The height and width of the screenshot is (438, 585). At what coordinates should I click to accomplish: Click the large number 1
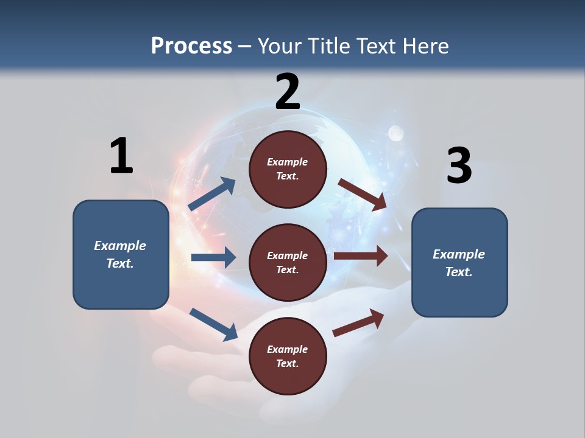point(121,156)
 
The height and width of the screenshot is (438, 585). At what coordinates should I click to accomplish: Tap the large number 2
point(288,92)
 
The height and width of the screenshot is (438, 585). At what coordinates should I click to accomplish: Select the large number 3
point(459,165)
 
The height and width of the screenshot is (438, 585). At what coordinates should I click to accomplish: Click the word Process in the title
point(191,46)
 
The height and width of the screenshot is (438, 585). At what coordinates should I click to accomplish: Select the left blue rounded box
point(121,254)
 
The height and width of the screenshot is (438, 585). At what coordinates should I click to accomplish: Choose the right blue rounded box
point(459,262)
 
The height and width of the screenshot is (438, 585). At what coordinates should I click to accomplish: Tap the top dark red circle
point(288,169)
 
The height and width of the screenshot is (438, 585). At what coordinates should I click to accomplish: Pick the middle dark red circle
point(288,262)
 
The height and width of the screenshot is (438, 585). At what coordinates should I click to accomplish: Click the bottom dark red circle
point(288,356)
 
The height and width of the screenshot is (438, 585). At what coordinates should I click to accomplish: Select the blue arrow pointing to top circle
point(212,194)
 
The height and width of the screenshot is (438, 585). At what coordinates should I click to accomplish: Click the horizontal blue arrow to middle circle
point(213,257)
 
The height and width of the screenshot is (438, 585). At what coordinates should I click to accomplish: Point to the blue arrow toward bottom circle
point(213,324)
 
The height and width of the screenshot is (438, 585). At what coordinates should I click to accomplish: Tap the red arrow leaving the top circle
point(363,194)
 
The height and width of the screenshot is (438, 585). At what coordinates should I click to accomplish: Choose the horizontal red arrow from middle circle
point(360,256)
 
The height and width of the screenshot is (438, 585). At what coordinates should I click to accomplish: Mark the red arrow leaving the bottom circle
point(358,322)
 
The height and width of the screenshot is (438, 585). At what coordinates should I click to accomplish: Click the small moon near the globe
point(396,133)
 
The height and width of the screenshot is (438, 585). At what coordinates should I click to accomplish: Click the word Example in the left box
point(120,246)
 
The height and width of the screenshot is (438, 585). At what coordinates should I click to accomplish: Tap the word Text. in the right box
point(459,272)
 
